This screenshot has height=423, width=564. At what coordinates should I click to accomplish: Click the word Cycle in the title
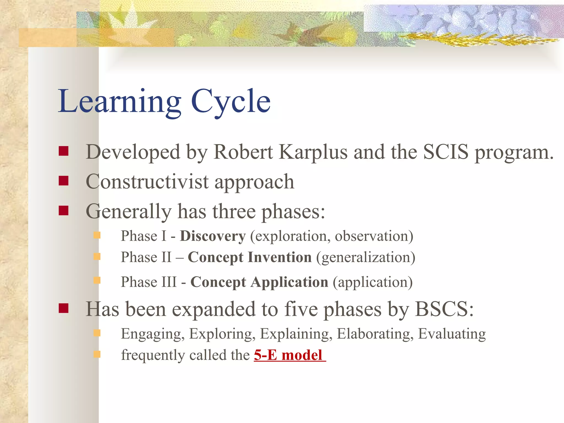pos(231,101)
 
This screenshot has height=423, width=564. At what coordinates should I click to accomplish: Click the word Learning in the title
pos(119,101)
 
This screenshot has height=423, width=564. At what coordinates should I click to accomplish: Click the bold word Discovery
pos(212,236)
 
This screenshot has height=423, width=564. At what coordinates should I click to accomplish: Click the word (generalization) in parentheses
pos(366,257)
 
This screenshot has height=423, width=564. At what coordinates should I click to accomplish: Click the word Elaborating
pos(375,334)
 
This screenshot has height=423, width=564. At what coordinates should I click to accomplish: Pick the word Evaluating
pos(452,334)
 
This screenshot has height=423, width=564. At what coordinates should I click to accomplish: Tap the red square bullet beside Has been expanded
pos(64,308)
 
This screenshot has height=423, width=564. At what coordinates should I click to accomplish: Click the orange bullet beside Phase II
pos(97,257)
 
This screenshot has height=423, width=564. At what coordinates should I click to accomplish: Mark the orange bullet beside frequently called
pos(97,354)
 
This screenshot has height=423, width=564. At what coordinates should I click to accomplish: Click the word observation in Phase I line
pos(373,236)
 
